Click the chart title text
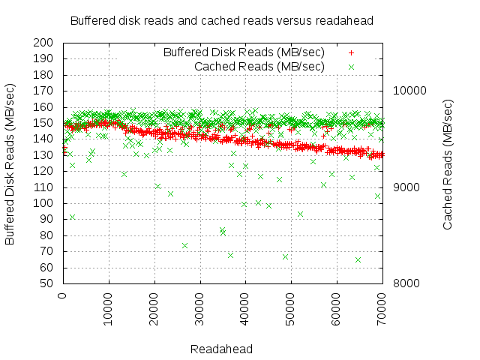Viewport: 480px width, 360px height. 221,20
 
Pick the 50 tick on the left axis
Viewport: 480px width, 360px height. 48,283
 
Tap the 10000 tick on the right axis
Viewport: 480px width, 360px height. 409,91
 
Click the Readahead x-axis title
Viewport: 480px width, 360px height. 221,349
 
